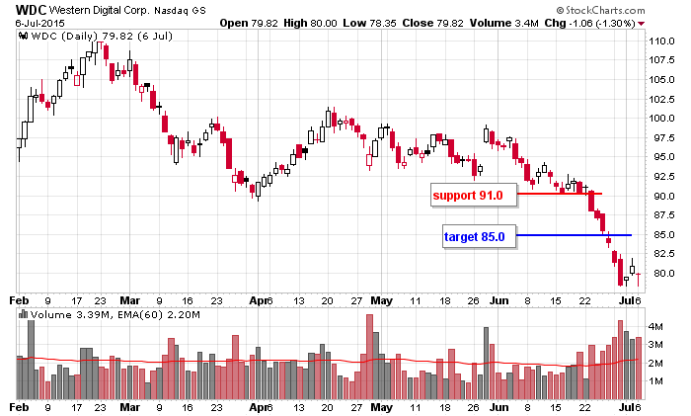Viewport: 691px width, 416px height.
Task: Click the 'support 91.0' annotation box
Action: (468, 196)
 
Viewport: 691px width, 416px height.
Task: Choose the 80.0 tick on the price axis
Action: (657, 274)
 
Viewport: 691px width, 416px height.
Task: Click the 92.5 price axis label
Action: (657, 177)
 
